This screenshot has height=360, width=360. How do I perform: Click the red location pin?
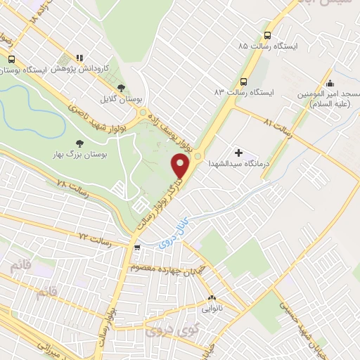point(181,166)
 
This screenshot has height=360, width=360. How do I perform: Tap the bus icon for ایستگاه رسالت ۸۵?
point(267,35)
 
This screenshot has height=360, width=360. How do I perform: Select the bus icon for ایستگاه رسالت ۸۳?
point(243,81)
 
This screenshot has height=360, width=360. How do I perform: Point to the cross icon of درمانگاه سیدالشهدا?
point(238,152)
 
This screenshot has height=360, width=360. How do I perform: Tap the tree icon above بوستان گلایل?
point(121,87)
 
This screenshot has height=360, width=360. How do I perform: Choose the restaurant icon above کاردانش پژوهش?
point(79,58)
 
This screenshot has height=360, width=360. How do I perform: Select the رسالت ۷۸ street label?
point(72,186)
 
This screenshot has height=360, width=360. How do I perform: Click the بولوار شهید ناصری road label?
point(98,115)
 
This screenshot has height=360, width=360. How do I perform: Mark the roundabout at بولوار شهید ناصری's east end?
point(144,113)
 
